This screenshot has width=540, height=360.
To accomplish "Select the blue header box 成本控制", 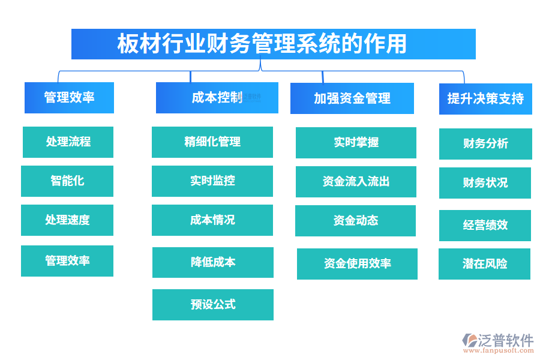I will click(x=217, y=98).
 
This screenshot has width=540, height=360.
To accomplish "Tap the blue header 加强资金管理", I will click(x=352, y=98).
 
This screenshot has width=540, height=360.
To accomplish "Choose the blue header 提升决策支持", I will click(x=485, y=99).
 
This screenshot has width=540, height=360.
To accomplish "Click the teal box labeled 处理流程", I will click(x=68, y=142).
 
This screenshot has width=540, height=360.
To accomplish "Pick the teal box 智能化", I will click(x=67, y=181).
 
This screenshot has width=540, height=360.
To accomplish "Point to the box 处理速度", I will click(x=67, y=220).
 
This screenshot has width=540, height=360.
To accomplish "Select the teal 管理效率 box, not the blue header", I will click(x=67, y=261).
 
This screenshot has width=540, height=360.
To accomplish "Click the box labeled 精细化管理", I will click(x=212, y=142).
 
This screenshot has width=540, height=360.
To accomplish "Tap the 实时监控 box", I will click(x=212, y=181).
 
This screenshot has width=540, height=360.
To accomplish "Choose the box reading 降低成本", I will click(x=212, y=262).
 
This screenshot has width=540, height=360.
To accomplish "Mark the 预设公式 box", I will click(x=212, y=305).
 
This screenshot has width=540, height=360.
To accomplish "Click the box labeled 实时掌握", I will click(x=356, y=143).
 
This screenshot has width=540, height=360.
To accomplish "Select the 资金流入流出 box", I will click(x=356, y=182).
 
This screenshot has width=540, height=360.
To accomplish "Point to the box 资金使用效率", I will click(x=357, y=264).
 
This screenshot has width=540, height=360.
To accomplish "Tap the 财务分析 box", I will click(x=485, y=144).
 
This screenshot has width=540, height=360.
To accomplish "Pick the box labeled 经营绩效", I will click(x=485, y=226).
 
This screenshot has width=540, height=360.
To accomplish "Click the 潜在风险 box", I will click(x=484, y=264).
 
